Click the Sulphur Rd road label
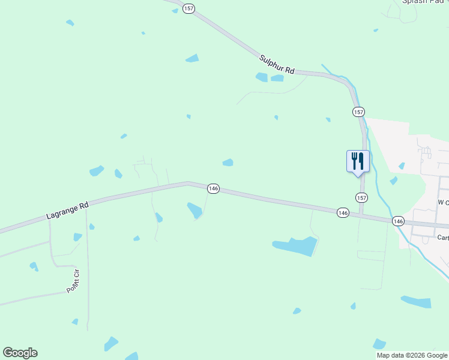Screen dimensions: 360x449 pos(277,64)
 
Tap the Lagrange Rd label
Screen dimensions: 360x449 pos(67,210)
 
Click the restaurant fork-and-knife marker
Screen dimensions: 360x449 pos(357,161)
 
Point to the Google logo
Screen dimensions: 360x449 pos(20,353)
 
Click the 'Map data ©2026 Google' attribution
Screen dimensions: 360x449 pos(412,355)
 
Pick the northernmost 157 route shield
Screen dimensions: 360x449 pos(189,10)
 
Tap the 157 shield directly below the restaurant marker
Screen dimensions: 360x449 pos(361,197)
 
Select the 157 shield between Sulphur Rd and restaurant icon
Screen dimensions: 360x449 pos(358,112)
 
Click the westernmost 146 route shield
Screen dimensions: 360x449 pos(213,188)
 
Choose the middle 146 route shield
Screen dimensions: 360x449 pos(343,212)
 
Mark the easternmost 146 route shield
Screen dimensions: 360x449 pos(399,221)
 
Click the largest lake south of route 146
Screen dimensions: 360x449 pos(295,245)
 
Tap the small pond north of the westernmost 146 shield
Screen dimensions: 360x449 pos(228,163)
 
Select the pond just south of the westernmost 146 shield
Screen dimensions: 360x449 pos(194,210)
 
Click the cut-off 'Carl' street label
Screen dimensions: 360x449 pos(442,238)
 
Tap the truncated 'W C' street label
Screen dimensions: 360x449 pos(443,203)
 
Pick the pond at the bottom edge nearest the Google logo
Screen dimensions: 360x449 pos(111,344)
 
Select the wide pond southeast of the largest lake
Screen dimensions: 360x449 pos(416,301)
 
